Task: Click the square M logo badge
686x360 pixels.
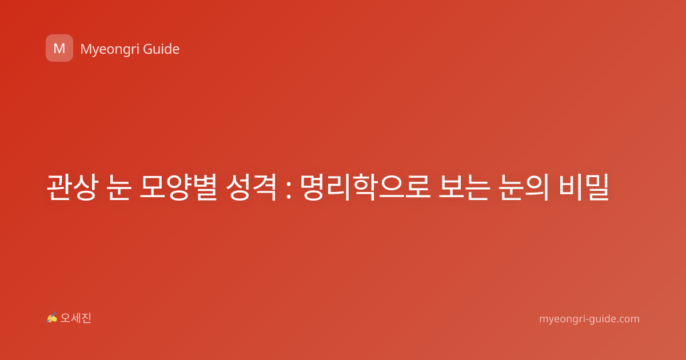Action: [x=59, y=48]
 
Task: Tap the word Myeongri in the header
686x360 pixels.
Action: [x=109, y=50]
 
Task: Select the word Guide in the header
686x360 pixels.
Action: [x=161, y=49]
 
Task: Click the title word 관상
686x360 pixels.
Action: [x=72, y=187]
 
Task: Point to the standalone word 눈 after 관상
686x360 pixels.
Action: [x=119, y=187]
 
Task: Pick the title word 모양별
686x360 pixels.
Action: [x=178, y=187]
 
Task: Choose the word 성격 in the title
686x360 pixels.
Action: [x=251, y=187]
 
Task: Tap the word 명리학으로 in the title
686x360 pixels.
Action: [x=365, y=187]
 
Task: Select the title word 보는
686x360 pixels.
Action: [x=464, y=187]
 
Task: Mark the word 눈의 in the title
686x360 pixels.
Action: [x=523, y=187]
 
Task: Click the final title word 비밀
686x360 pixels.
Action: [x=584, y=187]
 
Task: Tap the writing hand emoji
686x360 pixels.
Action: [x=52, y=318]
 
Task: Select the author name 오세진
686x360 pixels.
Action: [x=75, y=318]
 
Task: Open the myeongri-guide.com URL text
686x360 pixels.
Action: [x=589, y=319]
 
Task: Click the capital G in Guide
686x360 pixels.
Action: [x=148, y=49]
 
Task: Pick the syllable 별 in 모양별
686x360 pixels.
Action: [x=205, y=187]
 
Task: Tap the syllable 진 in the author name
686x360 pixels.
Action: [x=86, y=318]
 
